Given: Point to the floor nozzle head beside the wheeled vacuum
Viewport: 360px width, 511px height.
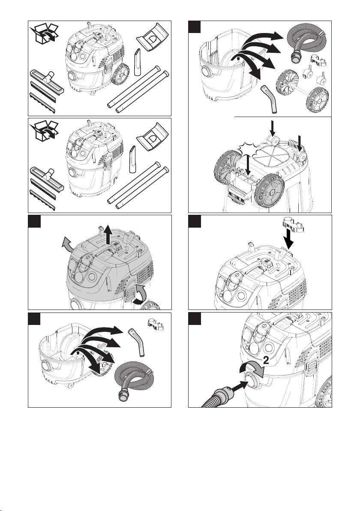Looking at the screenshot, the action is pos(46,79).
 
